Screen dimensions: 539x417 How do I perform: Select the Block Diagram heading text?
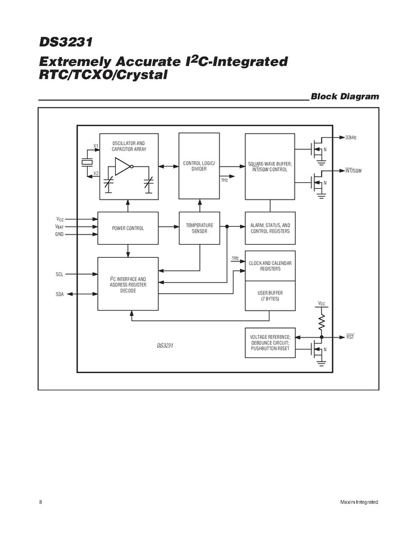tap(345, 97)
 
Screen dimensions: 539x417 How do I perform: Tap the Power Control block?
tap(128, 228)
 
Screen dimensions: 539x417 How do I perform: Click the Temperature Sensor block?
tap(199, 228)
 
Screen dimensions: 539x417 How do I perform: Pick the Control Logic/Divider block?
tap(199, 166)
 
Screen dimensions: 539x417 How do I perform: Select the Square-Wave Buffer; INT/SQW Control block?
tap(269, 166)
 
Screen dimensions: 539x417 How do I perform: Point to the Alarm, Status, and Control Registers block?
tap(269, 228)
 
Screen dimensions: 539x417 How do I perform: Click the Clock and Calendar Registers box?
tap(269, 266)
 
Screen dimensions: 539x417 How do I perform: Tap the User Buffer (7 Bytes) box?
tap(269, 296)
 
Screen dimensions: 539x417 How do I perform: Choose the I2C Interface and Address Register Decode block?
tap(128, 284)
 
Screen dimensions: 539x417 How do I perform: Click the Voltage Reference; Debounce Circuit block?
tap(269, 343)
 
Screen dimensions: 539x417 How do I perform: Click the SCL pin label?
tap(59, 274)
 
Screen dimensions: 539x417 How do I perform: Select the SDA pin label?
tap(59, 294)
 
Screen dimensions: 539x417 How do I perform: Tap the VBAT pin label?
tap(59, 227)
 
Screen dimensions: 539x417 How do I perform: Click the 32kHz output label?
tap(351, 138)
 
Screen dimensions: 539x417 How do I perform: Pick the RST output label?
tap(350, 337)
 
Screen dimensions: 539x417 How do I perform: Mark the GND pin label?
tap(59, 234)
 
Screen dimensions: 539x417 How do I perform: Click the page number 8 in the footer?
tap(40, 501)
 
